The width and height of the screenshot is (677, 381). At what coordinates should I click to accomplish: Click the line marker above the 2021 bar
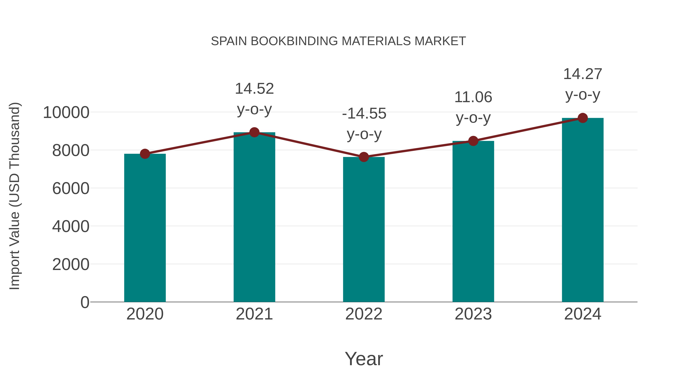tap(254, 132)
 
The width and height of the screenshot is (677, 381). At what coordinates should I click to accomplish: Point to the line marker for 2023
tap(473, 141)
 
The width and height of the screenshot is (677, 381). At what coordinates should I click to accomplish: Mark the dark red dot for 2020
tap(145, 154)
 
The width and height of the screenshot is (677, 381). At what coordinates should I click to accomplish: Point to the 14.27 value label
tap(583, 74)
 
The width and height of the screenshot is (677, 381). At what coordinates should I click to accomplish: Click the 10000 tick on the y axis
tap(66, 113)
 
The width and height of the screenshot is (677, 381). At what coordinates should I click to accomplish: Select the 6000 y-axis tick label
tap(71, 189)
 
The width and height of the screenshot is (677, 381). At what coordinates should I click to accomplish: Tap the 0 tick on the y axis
tap(85, 302)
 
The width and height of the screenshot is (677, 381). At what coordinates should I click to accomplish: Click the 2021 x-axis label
tap(254, 314)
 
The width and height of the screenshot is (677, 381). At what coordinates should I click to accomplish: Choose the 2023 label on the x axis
tap(473, 314)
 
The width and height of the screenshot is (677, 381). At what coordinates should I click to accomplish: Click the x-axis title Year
tap(364, 359)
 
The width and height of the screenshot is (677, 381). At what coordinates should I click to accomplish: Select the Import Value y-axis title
tap(15, 196)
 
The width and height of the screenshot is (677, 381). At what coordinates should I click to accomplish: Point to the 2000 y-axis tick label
tap(71, 264)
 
